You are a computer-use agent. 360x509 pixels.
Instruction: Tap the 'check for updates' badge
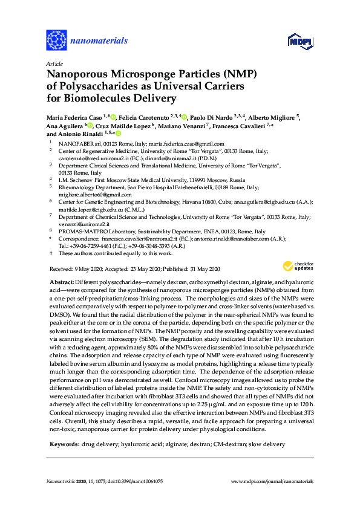295,267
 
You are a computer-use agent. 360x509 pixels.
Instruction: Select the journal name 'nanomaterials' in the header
99,41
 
